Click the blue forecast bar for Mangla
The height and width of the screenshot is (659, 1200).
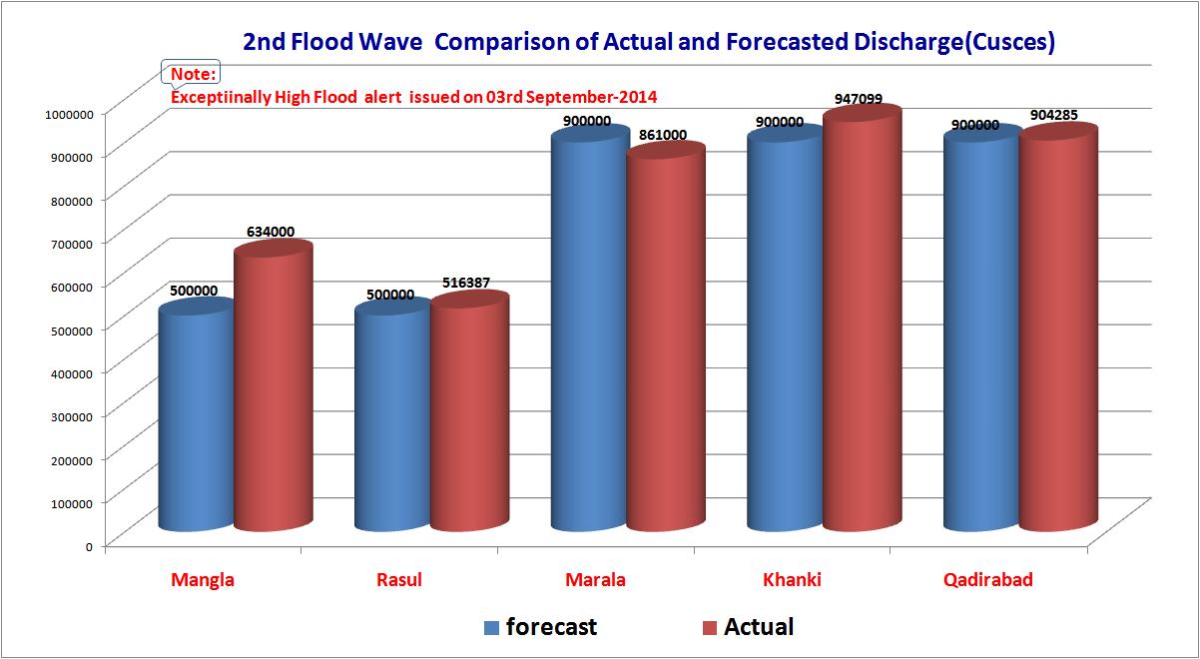pos(196,419)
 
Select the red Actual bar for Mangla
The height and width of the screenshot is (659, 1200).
pos(272,389)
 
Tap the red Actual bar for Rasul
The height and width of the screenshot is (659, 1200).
pos(468,414)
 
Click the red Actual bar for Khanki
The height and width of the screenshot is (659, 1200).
pos(862,320)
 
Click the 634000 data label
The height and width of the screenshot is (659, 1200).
pos(270,232)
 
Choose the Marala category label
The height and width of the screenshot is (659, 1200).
pos(595,580)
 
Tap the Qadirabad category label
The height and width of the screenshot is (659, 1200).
pos(987,580)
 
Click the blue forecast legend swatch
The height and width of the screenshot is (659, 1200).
pos(491,628)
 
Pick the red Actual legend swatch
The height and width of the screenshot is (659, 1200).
pos(710,628)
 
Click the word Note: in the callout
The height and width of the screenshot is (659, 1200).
pos(194,75)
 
